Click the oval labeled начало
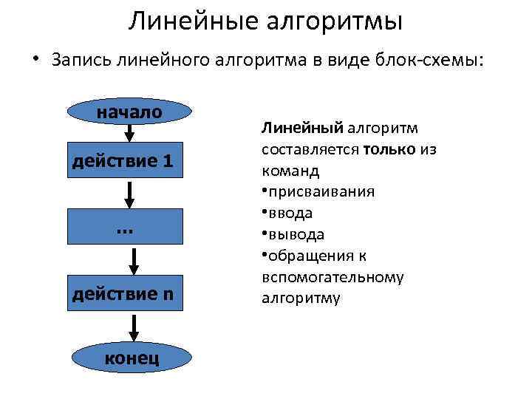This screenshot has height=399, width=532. (x=129, y=112)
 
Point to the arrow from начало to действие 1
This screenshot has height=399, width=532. (x=129, y=133)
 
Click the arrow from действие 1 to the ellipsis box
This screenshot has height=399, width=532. (x=129, y=194)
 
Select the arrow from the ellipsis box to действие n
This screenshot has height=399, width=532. (x=134, y=261)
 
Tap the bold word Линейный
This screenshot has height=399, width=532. (x=293, y=129)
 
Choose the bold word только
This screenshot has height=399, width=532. (x=389, y=149)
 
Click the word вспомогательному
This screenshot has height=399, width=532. (x=332, y=277)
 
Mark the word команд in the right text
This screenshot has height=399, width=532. (x=290, y=171)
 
